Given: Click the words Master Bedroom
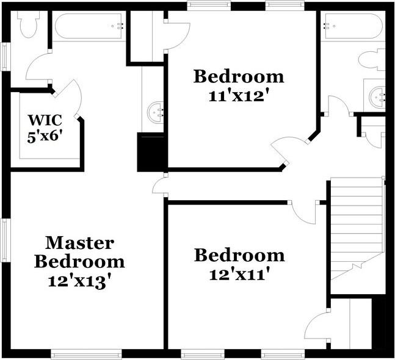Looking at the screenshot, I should pyautogui.click(x=79, y=252).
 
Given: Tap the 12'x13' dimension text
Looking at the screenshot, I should pyautogui.click(x=79, y=281).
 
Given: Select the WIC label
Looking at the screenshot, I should pyautogui.click(x=45, y=120).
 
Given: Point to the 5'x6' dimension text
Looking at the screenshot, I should pyautogui.click(x=45, y=136).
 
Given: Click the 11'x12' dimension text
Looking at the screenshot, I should pyautogui.click(x=239, y=96).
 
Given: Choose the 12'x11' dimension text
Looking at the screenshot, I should pyautogui.click(x=239, y=274).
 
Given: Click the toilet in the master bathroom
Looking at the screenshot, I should pyautogui.click(x=28, y=24).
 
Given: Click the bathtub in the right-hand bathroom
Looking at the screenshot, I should pyautogui.click(x=352, y=26).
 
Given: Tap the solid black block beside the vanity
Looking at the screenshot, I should pyautogui.click(x=151, y=153).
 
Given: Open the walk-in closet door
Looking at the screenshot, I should pyautogui.click(x=69, y=98).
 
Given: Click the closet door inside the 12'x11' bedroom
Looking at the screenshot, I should pyautogui.click(x=317, y=326).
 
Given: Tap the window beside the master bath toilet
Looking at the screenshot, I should pyautogui.click(x=5, y=56).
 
